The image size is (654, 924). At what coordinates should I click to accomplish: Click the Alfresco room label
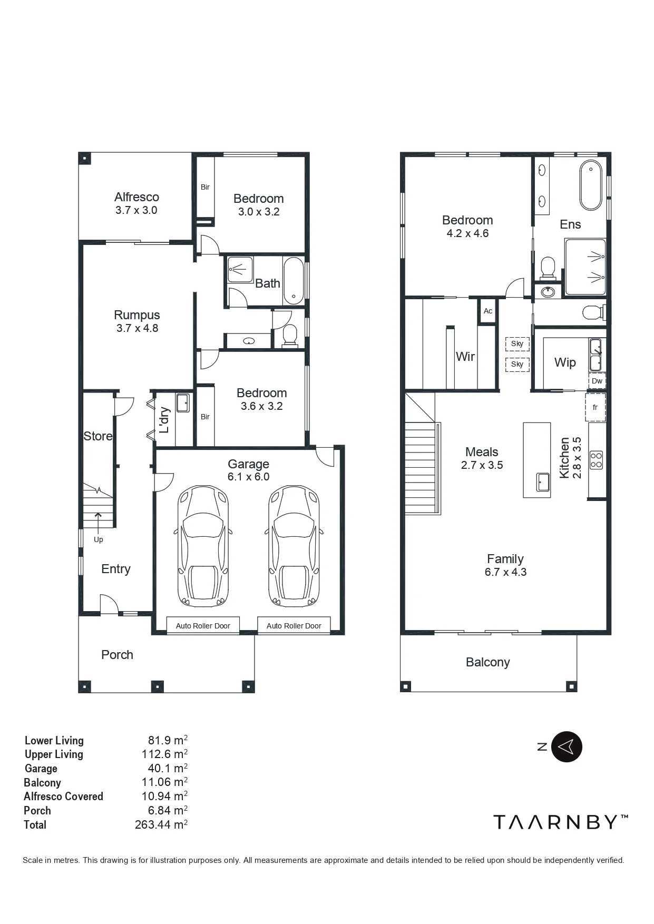click(136, 197)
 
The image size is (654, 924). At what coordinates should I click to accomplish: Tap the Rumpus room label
click(137, 315)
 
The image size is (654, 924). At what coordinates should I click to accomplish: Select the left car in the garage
click(203, 546)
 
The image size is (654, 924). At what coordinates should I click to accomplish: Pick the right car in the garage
click(294, 546)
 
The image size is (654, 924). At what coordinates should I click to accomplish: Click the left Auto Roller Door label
click(203, 626)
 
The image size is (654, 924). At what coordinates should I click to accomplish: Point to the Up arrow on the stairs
click(99, 522)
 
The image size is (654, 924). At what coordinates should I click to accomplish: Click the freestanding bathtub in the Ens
click(591, 186)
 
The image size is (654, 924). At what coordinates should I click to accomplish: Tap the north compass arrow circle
click(567, 746)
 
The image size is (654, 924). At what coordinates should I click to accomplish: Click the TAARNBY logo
click(561, 822)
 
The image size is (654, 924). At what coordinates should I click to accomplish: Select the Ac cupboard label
click(488, 311)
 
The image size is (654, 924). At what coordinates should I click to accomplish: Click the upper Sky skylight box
click(518, 344)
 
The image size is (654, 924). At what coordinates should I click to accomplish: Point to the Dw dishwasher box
click(597, 381)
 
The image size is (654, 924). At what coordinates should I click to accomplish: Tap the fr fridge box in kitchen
click(596, 407)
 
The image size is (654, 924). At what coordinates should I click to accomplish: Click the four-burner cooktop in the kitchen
click(597, 460)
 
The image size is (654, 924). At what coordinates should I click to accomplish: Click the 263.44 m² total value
click(161, 824)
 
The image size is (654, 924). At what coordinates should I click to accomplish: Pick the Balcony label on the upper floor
click(488, 662)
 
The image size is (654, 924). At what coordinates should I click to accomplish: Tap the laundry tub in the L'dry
click(183, 402)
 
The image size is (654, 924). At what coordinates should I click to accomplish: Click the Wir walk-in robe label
click(465, 357)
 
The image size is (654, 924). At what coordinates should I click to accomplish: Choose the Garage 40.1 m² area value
click(168, 768)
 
